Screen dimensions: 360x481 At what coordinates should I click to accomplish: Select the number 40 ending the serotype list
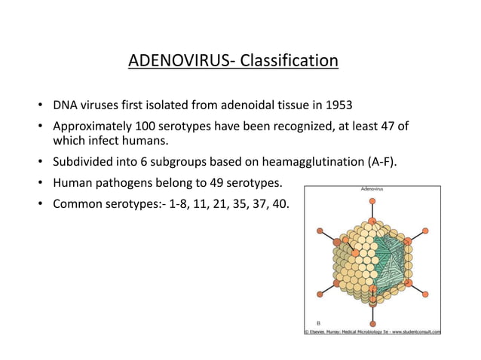280,205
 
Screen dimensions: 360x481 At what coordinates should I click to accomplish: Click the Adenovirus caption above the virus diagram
371,191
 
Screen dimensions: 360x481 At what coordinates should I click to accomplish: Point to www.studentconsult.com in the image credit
412,331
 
